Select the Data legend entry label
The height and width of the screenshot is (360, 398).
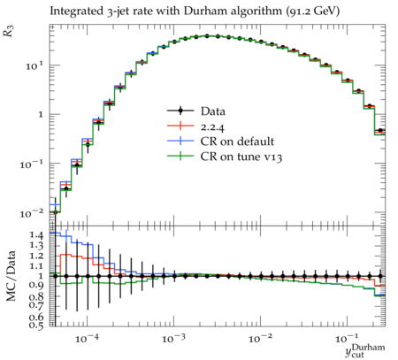click(x=213, y=111)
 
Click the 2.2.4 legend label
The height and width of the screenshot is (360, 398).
click(x=212, y=126)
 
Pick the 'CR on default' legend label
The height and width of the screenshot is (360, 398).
click(x=237, y=142)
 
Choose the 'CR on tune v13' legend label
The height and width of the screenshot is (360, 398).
click(x=241, y=157)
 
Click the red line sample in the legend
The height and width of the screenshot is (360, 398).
click(x=180, y=126)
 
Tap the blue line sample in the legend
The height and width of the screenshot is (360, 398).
click(x=180, y=141)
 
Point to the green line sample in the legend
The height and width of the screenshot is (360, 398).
click(x=180, y=156)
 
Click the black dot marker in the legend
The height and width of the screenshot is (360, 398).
click(x=180, y=111)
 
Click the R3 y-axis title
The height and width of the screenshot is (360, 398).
click(x=9, y=31)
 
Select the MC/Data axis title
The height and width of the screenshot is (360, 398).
click(x=11, y=276)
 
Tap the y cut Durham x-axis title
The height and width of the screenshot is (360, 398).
click(x=365, y=350)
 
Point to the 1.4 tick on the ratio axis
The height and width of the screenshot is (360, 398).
click(x=36, y=235)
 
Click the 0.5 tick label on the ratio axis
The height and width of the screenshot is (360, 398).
click(x=36, y=326)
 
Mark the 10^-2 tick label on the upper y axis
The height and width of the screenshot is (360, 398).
click(x=32, y=212)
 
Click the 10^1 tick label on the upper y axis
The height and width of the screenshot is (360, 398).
click(x=34, y=65)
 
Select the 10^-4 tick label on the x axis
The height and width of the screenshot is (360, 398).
click(x=87, y=339)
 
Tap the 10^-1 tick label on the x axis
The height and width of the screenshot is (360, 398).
click(x=348, y=339)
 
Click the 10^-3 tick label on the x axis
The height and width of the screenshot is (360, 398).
click(x=174, y=339)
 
